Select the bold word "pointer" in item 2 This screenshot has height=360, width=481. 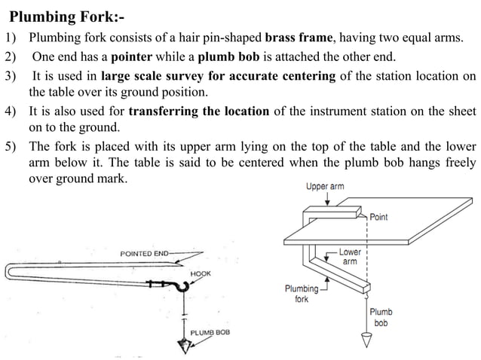[152, 56]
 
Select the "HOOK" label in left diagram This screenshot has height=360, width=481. [201, 273]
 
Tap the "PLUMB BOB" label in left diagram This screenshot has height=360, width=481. [210, 331]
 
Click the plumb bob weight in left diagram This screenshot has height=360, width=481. [182, 345]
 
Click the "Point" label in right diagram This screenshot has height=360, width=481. [379, 217]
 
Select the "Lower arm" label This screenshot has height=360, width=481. [350, 257]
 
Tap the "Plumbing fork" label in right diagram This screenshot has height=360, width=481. [301, 293]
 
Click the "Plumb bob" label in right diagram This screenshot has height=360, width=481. [381, 317]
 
